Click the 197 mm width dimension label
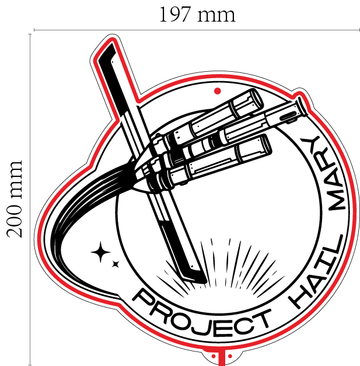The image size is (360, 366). pyautogui.click(x=197, y=15)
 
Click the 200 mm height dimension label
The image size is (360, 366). pyautogui.click(x=15, y=199)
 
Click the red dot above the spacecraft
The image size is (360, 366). pyautogui.click(x=217, y=91)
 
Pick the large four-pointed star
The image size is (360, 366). pyautogui.click(x=100, y=252)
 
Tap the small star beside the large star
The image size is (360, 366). pyautogui.click(x=116, y=264)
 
